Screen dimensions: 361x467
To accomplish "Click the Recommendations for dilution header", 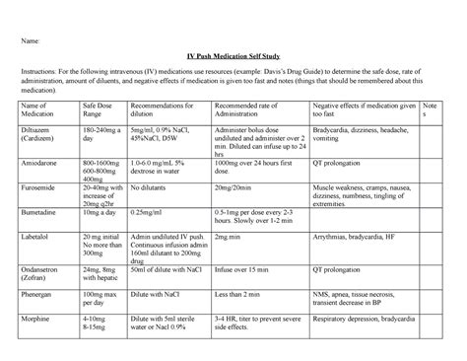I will (x=177, y=109).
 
